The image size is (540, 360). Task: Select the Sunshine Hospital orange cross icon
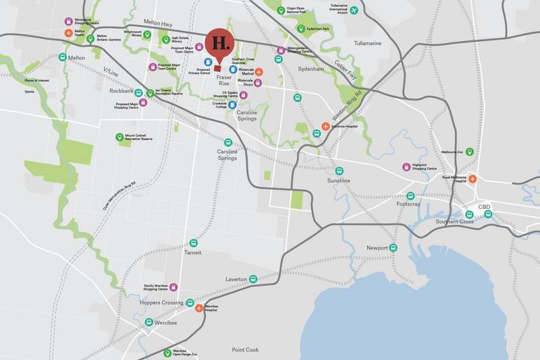pyautogui.click(x=325, y=126)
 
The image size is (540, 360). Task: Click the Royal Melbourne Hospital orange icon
pyautogui.click(x=473, y=179)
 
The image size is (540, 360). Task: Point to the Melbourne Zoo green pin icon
pyautogui.click(x=469, y=152)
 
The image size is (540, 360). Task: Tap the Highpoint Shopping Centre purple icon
pyautogui.click(x=406, y=168)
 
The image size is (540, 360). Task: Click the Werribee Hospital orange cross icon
pyautogui.click(x=198, y=308)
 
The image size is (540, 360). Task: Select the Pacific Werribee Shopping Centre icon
pyautogui.click(x=173, y=287)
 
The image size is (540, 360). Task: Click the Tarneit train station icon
pyautogui.click(x=193, y=242)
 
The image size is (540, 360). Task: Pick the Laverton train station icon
pyautogui.click(x=253, y=278)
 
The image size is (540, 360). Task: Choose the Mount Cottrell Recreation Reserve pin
pyautogui.click(x=119, y=137)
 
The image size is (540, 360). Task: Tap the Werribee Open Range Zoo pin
pyautogui.click(x=167, y=353)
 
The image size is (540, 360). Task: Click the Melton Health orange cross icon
pyautogui.click(x=68, y=32)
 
